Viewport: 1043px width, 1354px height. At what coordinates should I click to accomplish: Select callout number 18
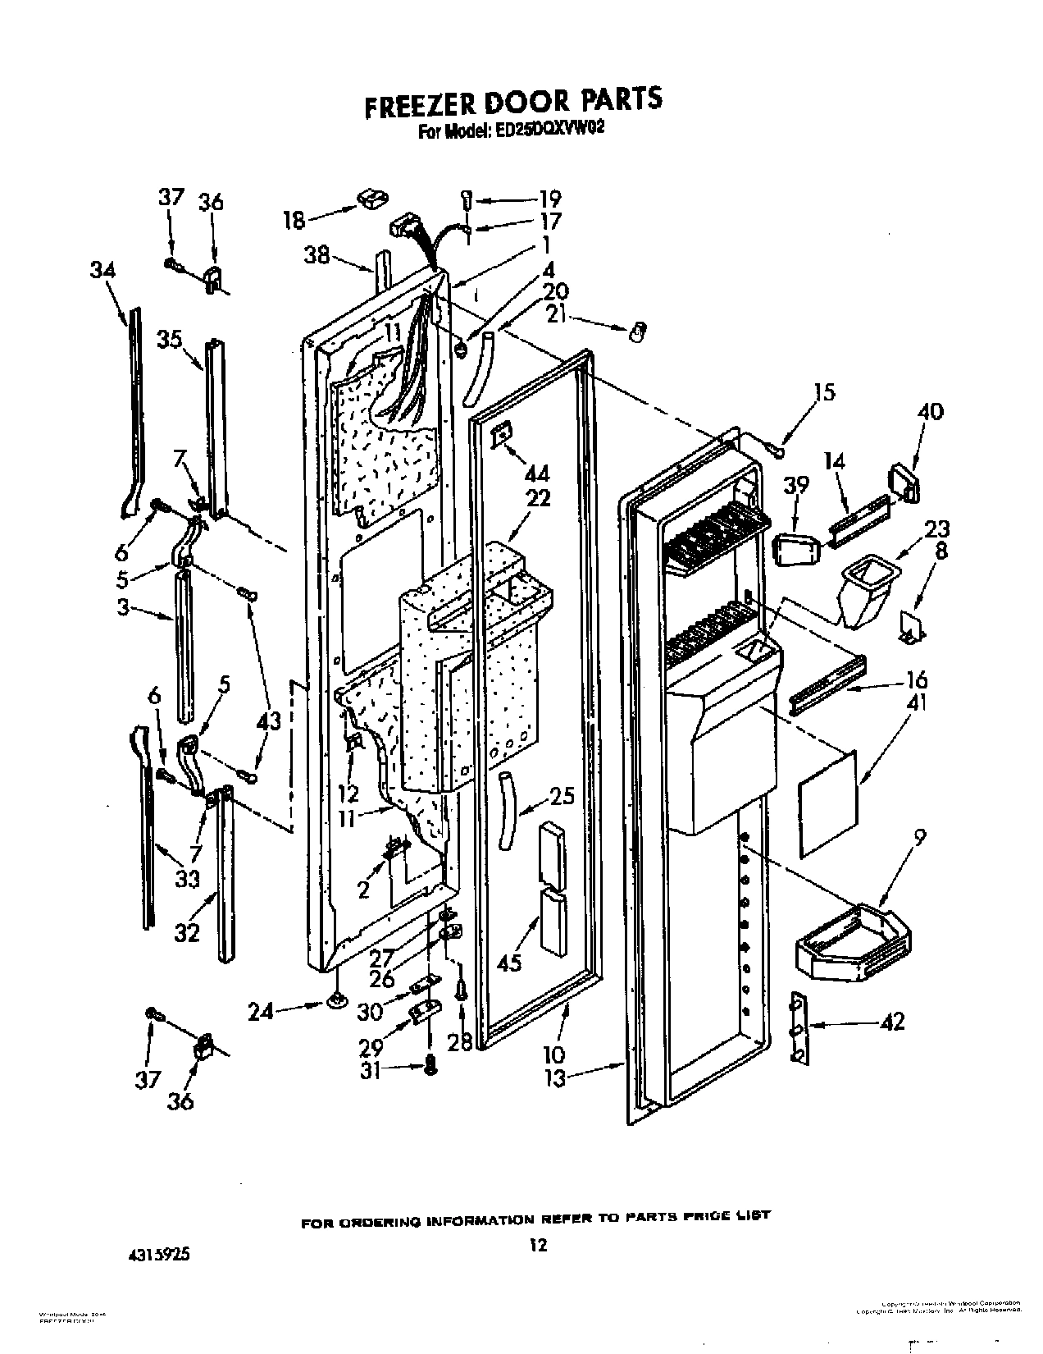click(x=294, y=220)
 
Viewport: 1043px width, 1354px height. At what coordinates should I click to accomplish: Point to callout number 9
click(x=920, y=838)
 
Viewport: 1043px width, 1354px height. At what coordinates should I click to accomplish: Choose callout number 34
click(x=102, y=271)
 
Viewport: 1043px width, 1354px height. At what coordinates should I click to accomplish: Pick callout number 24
click(x=261, y=1013)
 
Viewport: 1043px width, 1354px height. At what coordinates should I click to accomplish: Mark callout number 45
click(x=509, y=961)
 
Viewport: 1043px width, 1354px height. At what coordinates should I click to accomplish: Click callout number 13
click(x=555, y=1077)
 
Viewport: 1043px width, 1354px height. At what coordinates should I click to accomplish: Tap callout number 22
click(x=538, y=498)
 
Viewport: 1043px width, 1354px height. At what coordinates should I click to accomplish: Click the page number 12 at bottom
click(x=536, y=1246)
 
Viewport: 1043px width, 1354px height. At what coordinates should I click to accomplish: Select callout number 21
click(x=556, y=314)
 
